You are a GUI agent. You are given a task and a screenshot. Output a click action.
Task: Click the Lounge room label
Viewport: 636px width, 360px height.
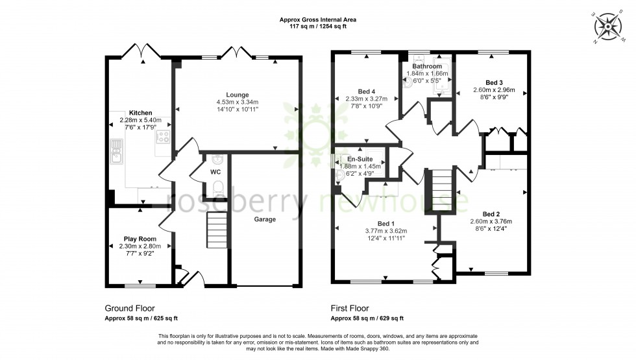(x=238, y=95)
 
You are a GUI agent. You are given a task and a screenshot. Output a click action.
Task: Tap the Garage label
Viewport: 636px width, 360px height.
(x=265, y=219)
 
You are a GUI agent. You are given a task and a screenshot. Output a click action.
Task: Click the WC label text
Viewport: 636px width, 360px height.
(x=216, y=173)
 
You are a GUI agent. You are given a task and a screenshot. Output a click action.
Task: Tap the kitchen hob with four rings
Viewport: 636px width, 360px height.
(x=162, y=137)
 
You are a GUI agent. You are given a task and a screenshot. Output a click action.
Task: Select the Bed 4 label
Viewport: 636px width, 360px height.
(x=367, y=91)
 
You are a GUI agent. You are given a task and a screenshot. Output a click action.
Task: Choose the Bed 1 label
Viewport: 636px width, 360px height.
(x=385, y=223)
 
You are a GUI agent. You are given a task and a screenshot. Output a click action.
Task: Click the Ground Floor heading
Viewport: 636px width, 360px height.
(x=130, y=309)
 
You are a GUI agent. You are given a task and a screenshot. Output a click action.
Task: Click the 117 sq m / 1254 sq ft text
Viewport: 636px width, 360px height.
(x=318, y=27)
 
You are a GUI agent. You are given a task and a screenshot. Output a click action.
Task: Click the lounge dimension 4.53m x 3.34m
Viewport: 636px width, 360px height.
(x=238, y=102)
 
